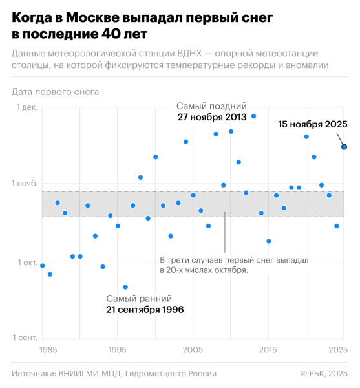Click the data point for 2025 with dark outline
click(x=344, y=147)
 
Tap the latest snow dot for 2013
click(x=253, y=116)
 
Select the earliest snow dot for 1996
click(x=125, y=287)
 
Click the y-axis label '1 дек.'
click(x=26, y=108)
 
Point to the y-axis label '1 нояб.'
click(x=25, y=184)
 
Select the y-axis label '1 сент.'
click(x=25, y=338)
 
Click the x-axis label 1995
click(x=118, y=350)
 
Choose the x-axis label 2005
click(x=193, y=350)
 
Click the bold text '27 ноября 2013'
click(x=212, y=118)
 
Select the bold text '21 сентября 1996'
click(x=145, y=310)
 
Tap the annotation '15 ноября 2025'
click(x=313, y=124)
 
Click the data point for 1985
click(x=43, y=266)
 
